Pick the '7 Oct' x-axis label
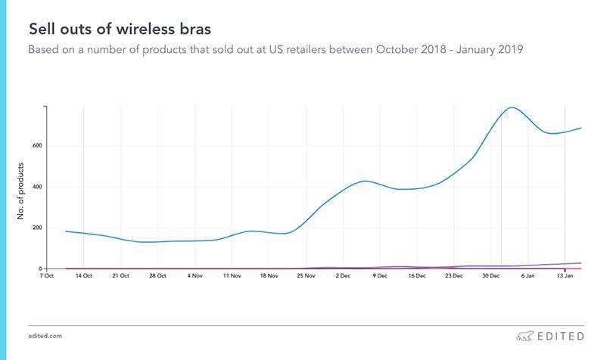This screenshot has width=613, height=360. pyautogui.click(x=47, y=277)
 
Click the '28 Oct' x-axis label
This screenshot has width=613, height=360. pyautogui.click(x=157, y=277)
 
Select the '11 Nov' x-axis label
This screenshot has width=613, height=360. pyautogui.click(x=232, y=277)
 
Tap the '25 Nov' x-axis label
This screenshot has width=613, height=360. pyautogui.click(x=306, y=277)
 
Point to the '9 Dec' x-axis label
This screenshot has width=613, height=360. pyautogui.click(x=379, y=277)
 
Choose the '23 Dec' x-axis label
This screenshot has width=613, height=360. pyautogui.click(x=453, y=277)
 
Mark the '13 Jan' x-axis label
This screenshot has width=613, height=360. pyautogui.click(x=565, y=277)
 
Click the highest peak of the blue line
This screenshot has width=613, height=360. pyautogui.click(x=513, y=107)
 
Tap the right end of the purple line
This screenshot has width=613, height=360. pyautogui.click(x=580, y=262)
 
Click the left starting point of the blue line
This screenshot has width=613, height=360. pyautogui.click(x=67, y=231)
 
